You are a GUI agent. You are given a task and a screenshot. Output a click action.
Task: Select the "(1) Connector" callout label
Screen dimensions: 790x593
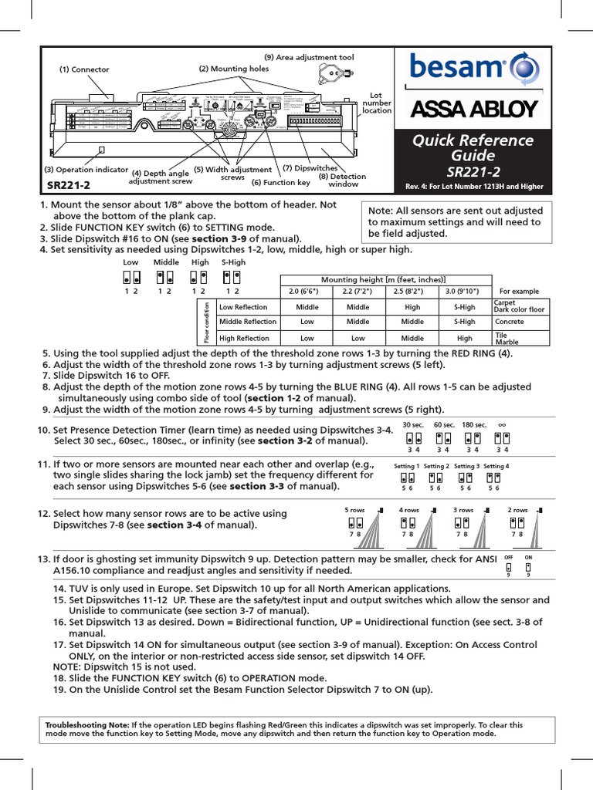pos(84,69)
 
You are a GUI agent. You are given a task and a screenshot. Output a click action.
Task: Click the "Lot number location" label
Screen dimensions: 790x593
pos(377,103)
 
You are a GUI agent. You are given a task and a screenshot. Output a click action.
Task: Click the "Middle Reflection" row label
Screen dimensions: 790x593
pos(247,322)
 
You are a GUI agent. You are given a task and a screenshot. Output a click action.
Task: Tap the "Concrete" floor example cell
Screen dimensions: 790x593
pos(509,322)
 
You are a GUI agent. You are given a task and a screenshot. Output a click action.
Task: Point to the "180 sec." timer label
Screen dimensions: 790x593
pos(474,424)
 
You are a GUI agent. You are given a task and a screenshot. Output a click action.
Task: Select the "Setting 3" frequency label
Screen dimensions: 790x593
pos(466,466)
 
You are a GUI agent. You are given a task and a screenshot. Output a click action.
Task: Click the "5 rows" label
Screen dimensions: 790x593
pos(354,510)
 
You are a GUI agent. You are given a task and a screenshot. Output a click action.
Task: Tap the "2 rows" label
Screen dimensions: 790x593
pos(517,510)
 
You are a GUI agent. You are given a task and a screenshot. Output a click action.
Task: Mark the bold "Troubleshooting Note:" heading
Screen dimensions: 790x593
pos(87,725)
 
